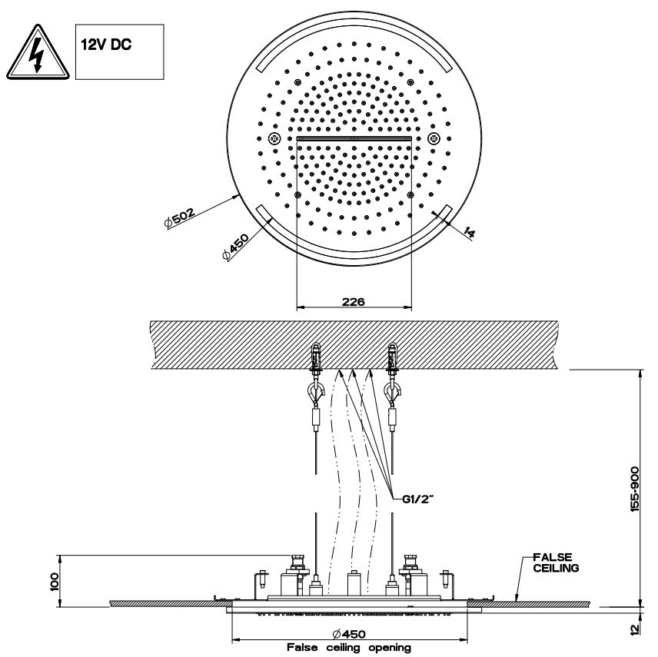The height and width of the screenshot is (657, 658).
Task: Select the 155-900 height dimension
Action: tap(636, 492)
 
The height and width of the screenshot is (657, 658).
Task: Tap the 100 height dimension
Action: tap(53, 578)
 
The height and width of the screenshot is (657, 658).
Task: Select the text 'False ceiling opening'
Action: tap(349, 648)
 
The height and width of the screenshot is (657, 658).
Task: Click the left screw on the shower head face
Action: tap(275, 139)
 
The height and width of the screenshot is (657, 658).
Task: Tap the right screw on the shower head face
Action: tap(434, 139)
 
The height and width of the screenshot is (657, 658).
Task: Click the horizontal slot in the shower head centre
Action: tap(354, 139)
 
